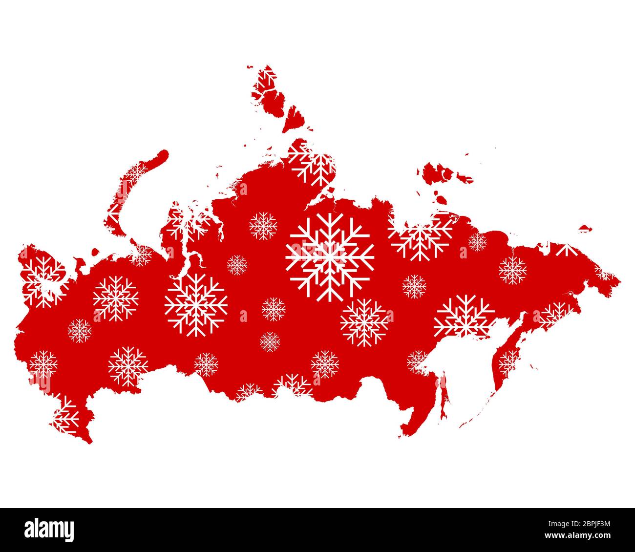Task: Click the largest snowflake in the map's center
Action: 330,256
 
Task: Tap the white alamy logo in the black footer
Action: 49,530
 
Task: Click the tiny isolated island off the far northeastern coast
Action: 585,228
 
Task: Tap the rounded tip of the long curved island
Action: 163,155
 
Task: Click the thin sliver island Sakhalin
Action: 444,396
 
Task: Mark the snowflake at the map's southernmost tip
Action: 65,416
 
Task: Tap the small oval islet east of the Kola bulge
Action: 95,253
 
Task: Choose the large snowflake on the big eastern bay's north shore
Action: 464,316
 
